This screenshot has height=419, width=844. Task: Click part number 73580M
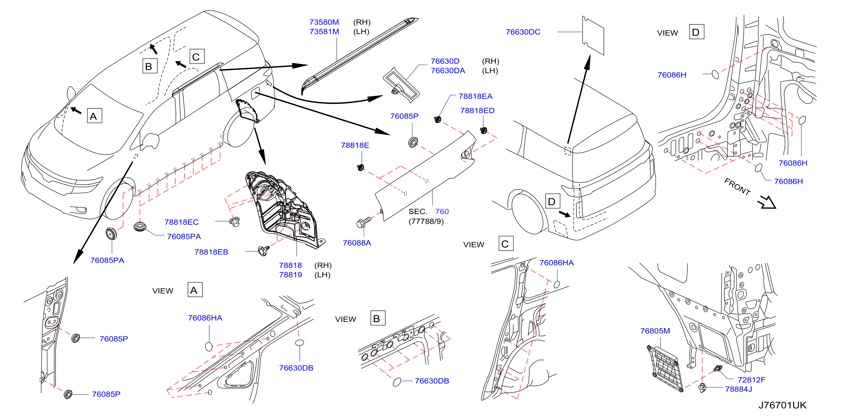[x=324, y=22]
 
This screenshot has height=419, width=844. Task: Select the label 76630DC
[x=523, y=32]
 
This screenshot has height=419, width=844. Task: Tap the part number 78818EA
[x=475, y=96]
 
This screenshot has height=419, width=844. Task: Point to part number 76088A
[x=357, y=243]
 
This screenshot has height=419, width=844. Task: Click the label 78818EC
[x=182, y=222]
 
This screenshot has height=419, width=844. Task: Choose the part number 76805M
[x=655, y=331]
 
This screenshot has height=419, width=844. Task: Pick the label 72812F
[x=751, y=380]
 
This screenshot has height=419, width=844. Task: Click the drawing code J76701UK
[x=782, y=405]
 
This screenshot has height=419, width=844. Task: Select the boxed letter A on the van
[x=94, y=116]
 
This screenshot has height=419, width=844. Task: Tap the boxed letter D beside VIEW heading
[x=697, y=32]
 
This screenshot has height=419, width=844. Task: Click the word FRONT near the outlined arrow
[x=737, y=187]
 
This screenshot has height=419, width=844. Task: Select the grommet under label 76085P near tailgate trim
[x=413, y=142]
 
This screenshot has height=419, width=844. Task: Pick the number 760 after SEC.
[x=442, y=212]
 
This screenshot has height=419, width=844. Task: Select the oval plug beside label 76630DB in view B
[x=397, y=382]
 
